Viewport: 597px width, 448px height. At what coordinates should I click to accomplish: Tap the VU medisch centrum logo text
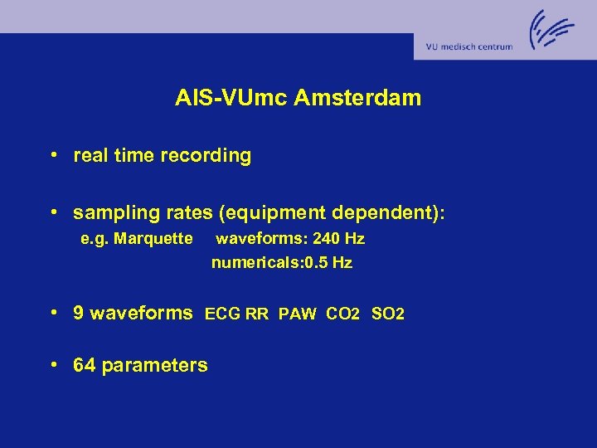point(468,47)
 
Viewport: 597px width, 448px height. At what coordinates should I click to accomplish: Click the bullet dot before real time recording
point(52,155)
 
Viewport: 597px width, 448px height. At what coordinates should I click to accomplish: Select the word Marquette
point(155,239)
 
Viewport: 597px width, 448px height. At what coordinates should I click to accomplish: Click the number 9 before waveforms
point(79,313)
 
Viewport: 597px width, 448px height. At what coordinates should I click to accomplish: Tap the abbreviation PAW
point(298,314)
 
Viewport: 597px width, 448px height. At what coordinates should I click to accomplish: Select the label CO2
point(343,314)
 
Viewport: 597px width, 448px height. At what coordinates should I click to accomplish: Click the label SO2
point(388,314)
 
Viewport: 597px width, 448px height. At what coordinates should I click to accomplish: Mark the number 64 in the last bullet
point(84,365)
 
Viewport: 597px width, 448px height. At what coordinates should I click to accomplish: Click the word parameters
point(154,366)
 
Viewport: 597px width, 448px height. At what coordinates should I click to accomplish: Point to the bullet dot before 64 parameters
point(52,364)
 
